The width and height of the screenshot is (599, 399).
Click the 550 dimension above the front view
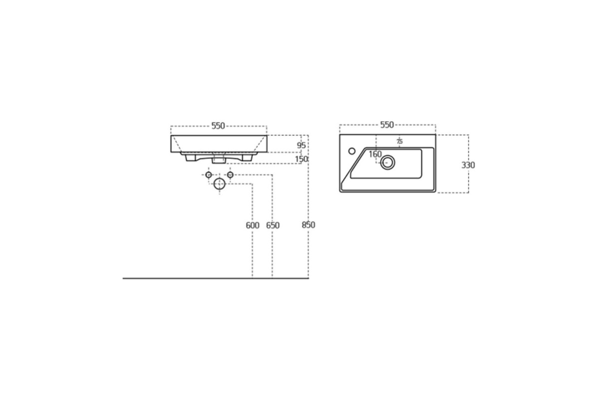218,126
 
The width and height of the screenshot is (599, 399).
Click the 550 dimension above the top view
387,125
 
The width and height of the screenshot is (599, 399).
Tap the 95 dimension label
301,145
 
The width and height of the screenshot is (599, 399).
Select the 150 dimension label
301,159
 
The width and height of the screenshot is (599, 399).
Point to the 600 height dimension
253,225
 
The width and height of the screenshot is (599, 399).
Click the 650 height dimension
273,225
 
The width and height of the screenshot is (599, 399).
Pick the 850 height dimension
308,225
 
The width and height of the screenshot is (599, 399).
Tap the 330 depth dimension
468,165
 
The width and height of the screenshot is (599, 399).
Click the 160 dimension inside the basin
375,154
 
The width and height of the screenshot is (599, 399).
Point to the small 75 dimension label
399,141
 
